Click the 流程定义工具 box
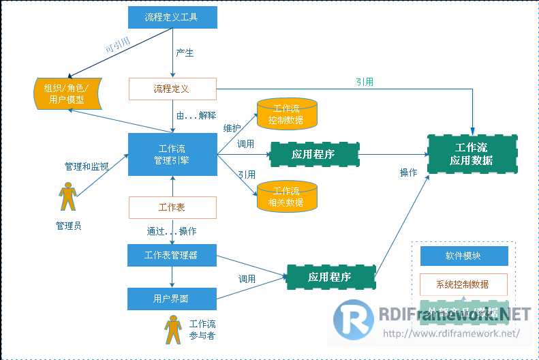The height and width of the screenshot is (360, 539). [172, 17]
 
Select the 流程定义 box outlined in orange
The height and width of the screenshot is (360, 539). [172, 89]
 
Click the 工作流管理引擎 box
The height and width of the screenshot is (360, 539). [172, 154]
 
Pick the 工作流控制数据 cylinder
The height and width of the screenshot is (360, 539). [287, 115]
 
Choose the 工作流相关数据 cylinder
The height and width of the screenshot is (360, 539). [287, 196]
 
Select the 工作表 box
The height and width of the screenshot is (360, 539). [172, 207]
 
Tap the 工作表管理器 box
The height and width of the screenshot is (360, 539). [172, 256]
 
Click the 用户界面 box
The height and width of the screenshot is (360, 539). [172, 299]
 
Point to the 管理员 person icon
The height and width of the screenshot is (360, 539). [67, 198]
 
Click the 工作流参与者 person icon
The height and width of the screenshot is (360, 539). [173, 330]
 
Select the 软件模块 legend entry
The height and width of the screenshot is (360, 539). [463, 256]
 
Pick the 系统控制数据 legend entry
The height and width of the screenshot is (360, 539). [463, 284]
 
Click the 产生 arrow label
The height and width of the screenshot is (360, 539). [185, 53]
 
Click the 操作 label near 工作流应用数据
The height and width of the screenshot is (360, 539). [408, 173]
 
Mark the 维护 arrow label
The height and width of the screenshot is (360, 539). [232, 127]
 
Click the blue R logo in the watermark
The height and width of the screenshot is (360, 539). [353, 320]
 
